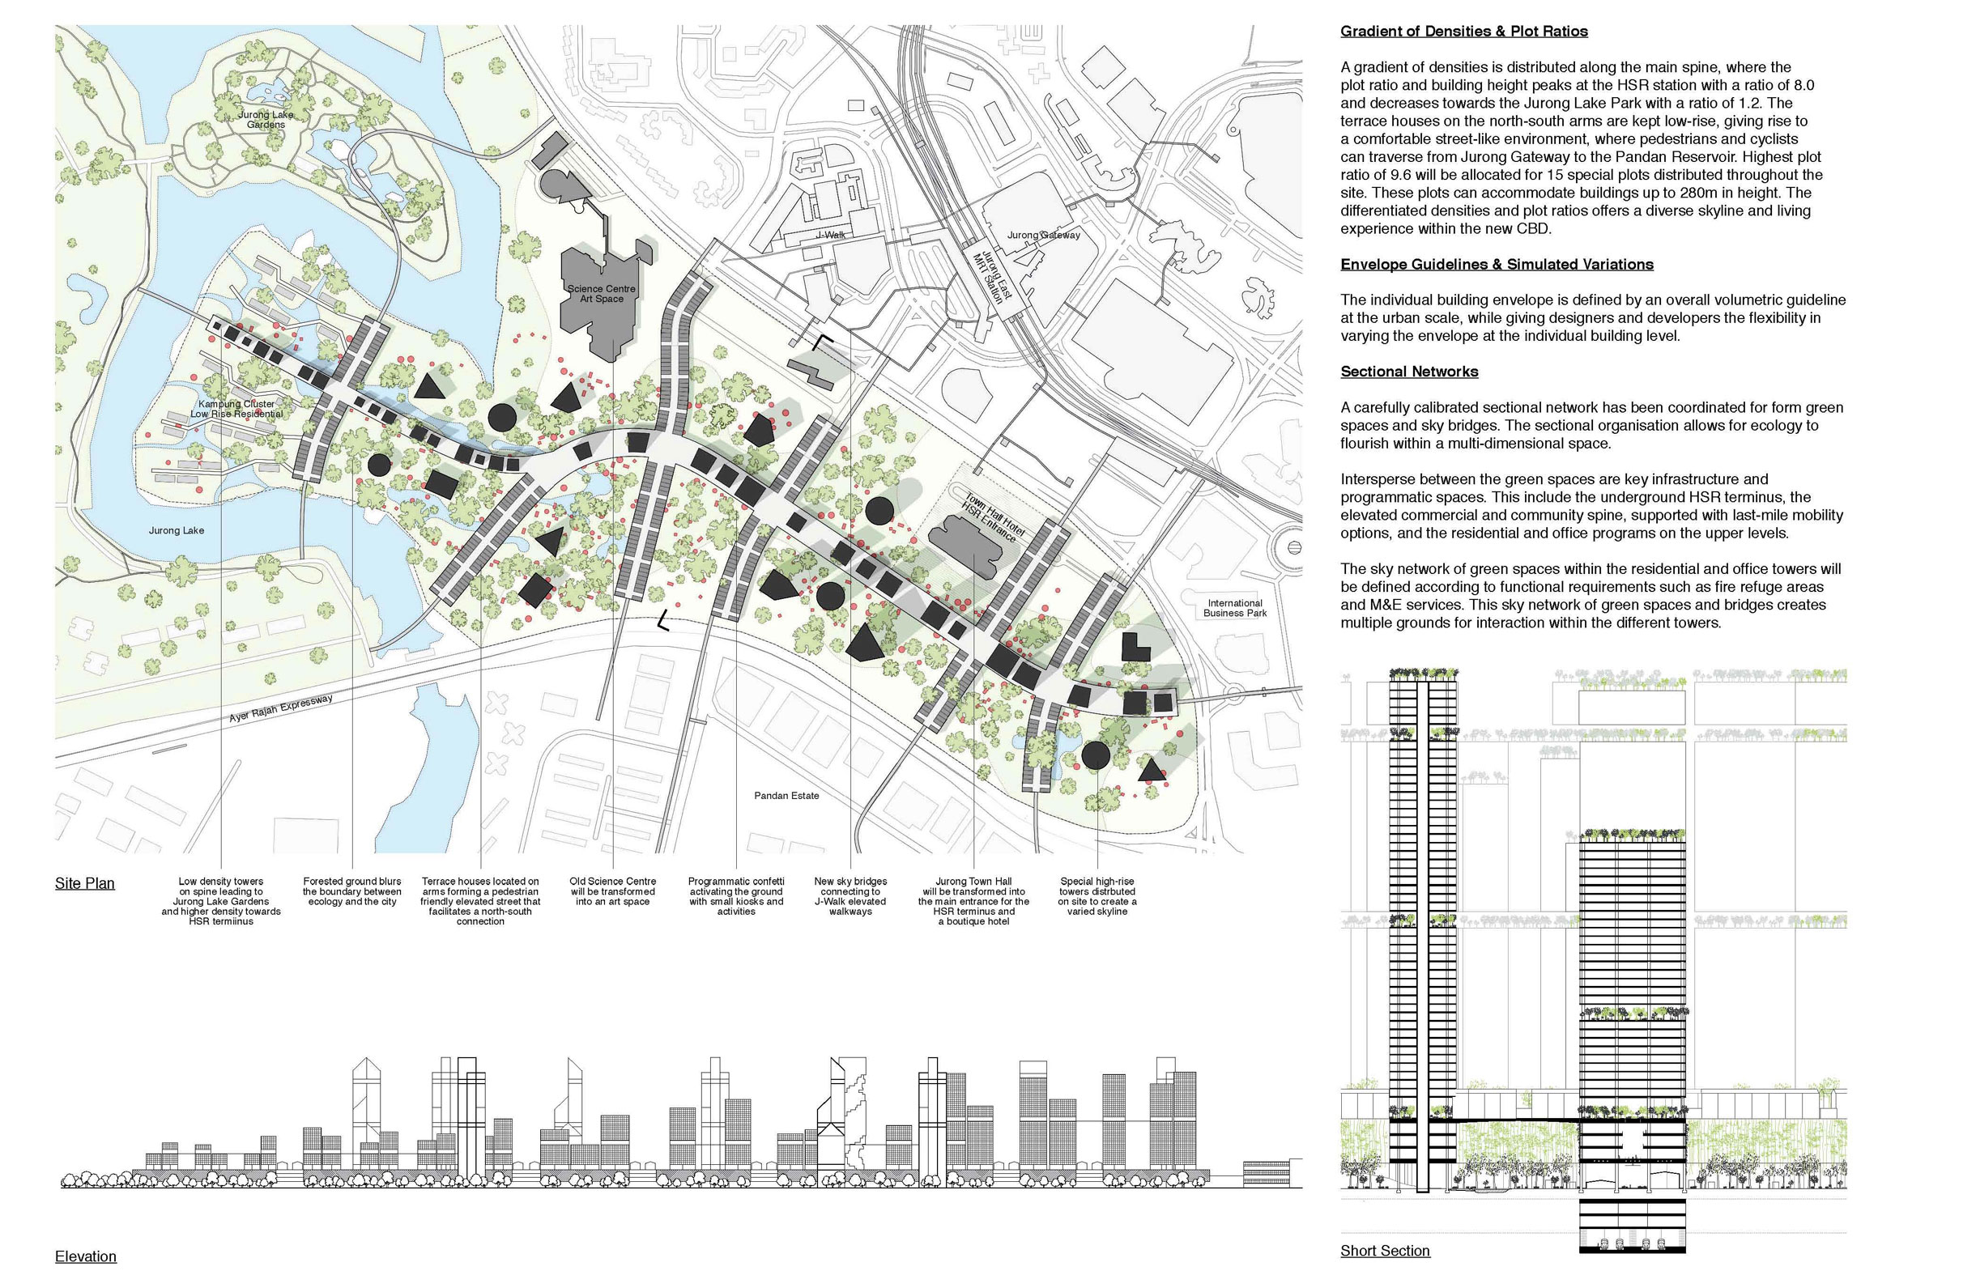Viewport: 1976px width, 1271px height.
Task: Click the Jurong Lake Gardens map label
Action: tap(265, 120)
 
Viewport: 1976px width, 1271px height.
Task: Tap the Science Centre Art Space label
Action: tap(601, 294)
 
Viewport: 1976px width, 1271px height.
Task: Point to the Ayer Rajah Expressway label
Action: tap(281, 709)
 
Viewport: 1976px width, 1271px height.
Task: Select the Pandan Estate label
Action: tap(786, 796)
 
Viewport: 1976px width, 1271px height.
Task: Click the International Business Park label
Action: tap(1234, 608)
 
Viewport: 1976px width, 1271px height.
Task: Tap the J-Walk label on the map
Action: tap(830, 236)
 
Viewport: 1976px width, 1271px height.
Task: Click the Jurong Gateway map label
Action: tap(1043, 236)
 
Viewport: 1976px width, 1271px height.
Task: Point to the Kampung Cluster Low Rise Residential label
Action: tap(237, 410)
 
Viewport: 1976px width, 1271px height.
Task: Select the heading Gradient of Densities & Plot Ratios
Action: tap(1463, 32)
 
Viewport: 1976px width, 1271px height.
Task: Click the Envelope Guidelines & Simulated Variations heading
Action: tap(1497, 264)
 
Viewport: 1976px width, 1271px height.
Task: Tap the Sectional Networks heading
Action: tap(1409, 372)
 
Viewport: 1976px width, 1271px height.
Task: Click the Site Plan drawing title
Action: tap(85, 883)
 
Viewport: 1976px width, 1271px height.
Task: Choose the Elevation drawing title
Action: tap(86, 1256)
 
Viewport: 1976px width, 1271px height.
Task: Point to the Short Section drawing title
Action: tap(1384, 1251)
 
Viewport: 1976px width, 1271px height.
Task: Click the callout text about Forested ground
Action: tap(351, 891)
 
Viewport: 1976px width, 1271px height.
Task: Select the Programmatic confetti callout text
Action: tap(735, 896)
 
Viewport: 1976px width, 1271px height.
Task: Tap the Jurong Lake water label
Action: tap(176, 531)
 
